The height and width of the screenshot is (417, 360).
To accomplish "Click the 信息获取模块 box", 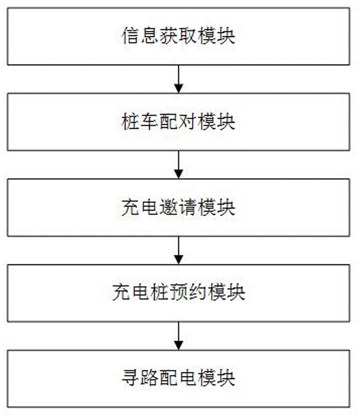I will [178, 36].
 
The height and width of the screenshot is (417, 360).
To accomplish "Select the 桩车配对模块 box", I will [178, 122].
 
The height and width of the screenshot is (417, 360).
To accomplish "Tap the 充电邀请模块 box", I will [178, 207].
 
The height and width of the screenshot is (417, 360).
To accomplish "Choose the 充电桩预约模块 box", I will [178, 293].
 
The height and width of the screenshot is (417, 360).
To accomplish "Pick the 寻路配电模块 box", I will [178, 378].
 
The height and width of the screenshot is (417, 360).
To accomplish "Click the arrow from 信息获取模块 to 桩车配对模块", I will [178, 79].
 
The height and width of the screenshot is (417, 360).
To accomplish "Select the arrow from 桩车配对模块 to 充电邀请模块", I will [178, 164].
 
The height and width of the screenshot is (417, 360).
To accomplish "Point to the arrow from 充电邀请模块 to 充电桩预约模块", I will [178, 250].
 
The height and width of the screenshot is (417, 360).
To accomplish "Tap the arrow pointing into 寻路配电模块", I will [178, 335].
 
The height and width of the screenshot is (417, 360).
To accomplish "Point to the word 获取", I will [178, 37].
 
